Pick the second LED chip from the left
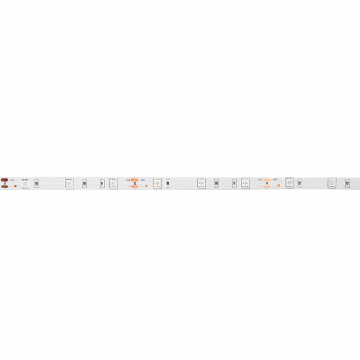click(70, 183)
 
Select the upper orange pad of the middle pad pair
click(134, 179)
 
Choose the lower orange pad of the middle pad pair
click(134, 186)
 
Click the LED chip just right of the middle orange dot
click(158, 183)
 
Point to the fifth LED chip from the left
click(202, 183)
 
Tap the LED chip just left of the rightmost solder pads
click(246, 183)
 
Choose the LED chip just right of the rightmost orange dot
click(290, 183)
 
